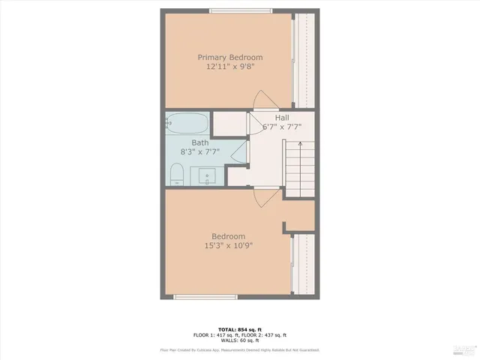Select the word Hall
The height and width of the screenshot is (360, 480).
pyautogui.click(x=282, y=118)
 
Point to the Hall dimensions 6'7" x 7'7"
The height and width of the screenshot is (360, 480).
pyautogui.click(x=282, y=127)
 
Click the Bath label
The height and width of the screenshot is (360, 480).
pyautogui.click(x=199, y=142)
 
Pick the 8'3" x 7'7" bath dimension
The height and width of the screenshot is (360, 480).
pyautogui.click(x=200, y=151)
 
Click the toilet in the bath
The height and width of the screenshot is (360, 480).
pyautogui.click(x=177, y=175)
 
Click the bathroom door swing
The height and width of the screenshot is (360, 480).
pyautogui.click(x=240, y=154)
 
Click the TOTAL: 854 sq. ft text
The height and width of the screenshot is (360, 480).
pyautogui.click(x=239, y=329)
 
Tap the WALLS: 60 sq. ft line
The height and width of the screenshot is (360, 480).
pyautogui.click(x=239, y=341)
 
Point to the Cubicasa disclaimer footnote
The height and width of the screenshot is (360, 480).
pyautogui.click(x=239, y=350)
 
